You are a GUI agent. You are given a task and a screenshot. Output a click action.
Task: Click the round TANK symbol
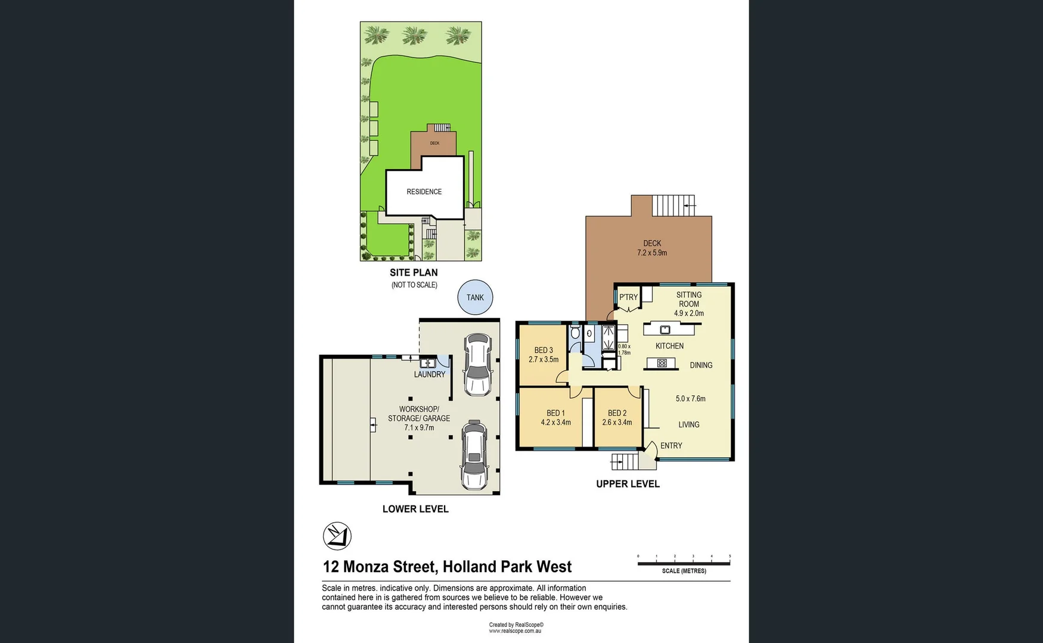(x=475, y=297)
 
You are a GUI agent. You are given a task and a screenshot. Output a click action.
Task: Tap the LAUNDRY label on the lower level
(x=429, y=374)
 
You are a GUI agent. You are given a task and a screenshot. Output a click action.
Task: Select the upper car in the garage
(x=477, y=364)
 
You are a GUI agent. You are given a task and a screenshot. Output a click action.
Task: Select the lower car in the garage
(x=474, y=455)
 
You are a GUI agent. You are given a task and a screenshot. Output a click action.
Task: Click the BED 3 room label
(x=544, y=350)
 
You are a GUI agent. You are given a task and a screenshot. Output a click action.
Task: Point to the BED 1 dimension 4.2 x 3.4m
(x=555, y=423)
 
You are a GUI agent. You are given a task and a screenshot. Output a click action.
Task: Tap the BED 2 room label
(x=617, y=413)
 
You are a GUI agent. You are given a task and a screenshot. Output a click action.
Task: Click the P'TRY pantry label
(x=628, y=297)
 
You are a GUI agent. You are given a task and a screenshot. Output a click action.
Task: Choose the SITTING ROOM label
(x=689, y=299)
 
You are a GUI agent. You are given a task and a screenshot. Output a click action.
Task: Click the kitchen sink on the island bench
(x=665, y=329)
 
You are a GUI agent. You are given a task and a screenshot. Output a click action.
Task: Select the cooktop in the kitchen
(x=662, y=363)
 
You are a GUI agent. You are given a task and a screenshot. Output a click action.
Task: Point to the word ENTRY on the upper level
(x=671, y=445)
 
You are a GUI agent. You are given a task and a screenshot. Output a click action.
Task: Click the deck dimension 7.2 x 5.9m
(x=652, y=253)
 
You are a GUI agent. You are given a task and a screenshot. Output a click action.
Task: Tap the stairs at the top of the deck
(x=673, y=205)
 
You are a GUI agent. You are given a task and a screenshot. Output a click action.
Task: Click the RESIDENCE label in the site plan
(x=424, y=192)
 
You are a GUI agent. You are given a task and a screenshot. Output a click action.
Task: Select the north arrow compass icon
(x=337, y=536)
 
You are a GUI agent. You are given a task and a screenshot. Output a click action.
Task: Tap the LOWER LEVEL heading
(x=415, y=509)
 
